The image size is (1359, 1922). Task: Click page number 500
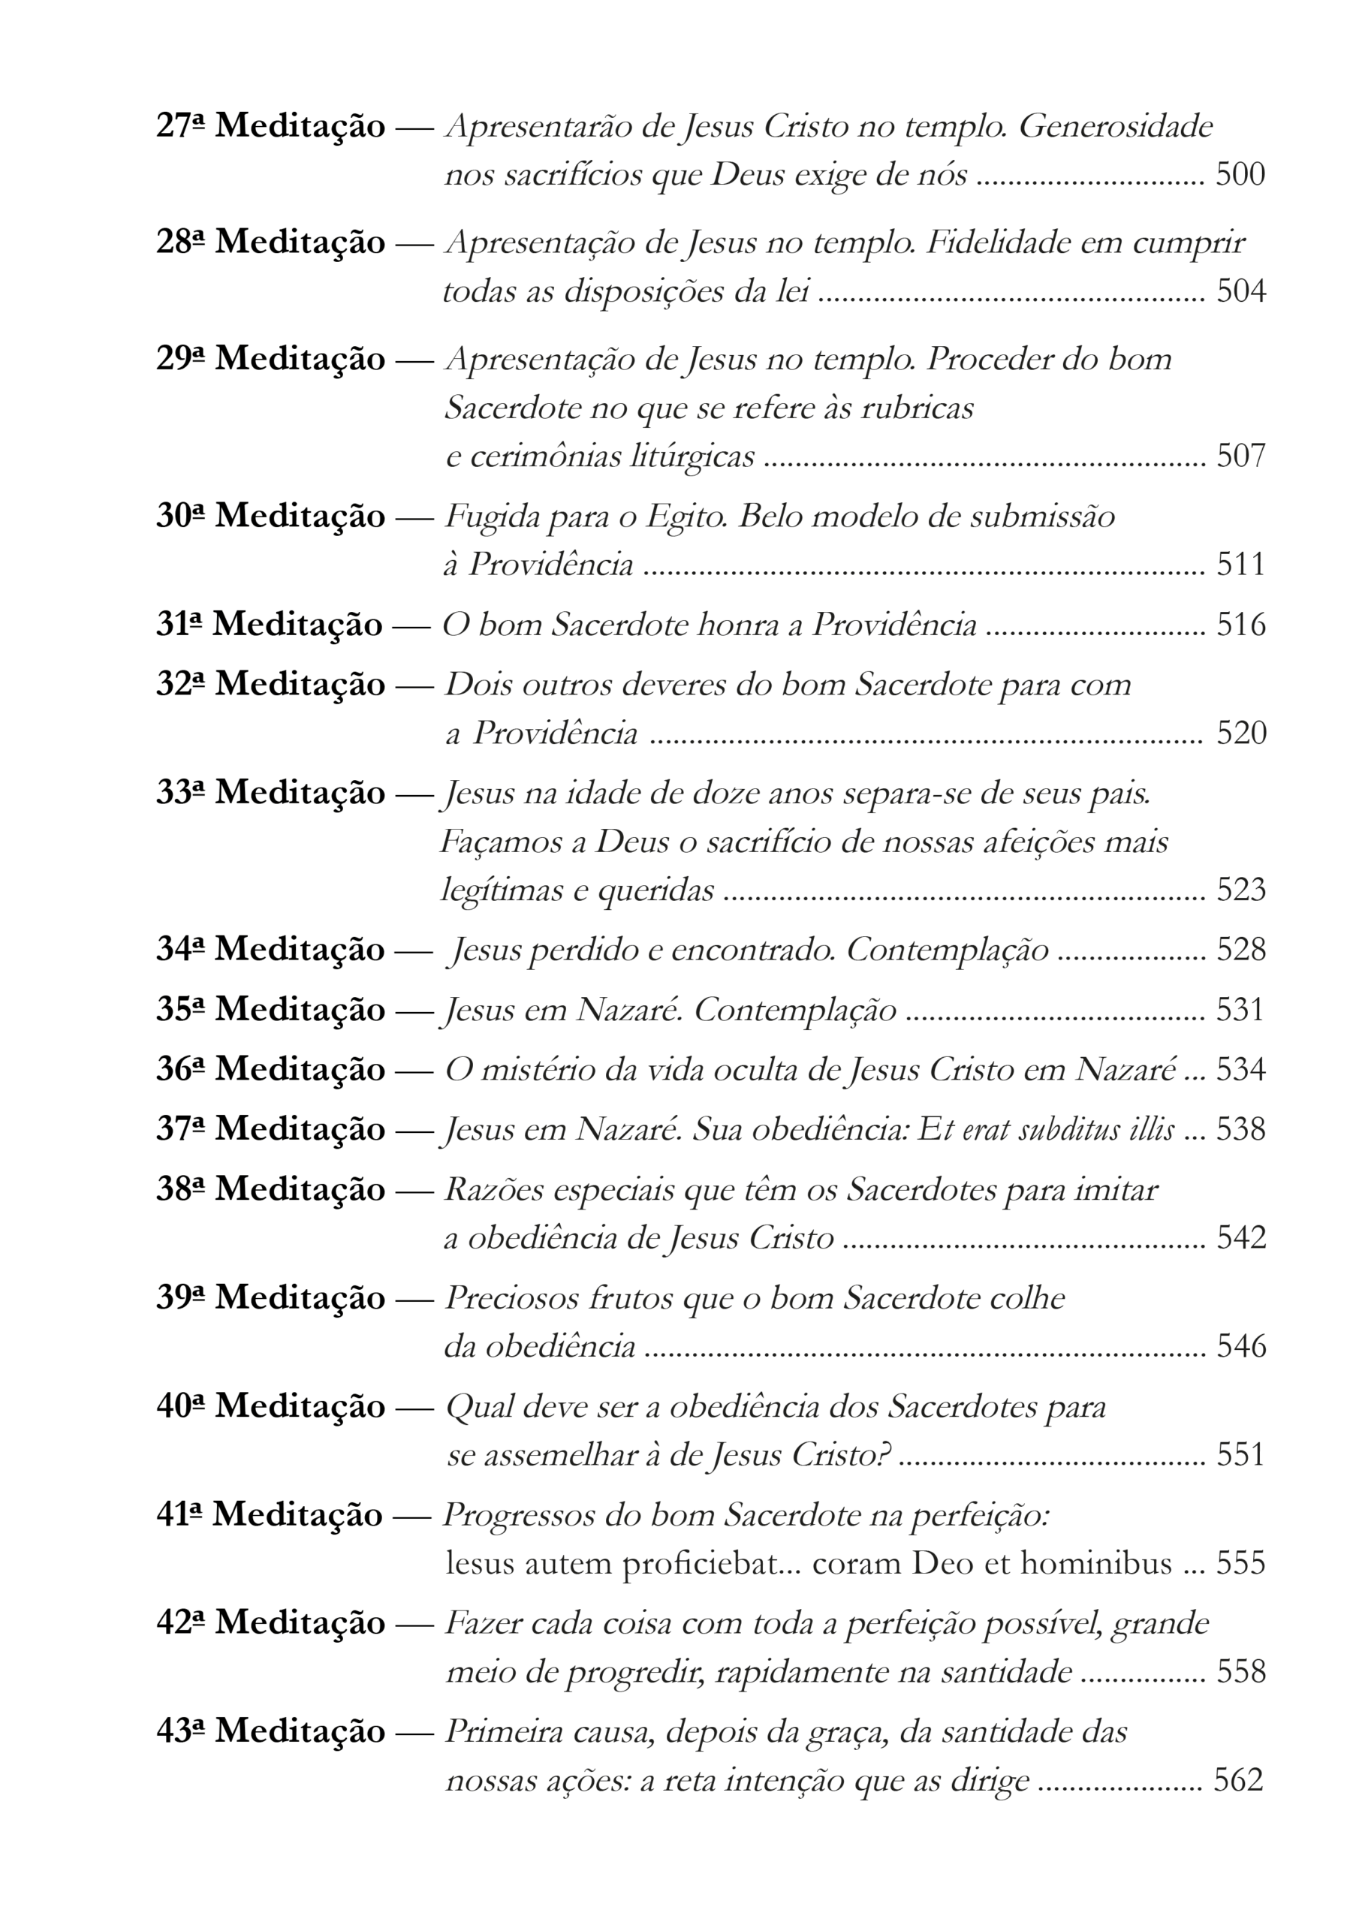[x=1240, y=175]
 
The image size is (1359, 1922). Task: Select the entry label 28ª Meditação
[x=270, y=243]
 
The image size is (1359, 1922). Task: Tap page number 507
[x=1240, y=456]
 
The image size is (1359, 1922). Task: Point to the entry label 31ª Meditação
[x=269, y=625]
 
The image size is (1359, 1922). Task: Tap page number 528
[x=1240, y=949]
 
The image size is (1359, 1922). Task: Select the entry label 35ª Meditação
[x=270, y=1010]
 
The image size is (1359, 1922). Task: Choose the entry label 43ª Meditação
[x=270, y=1732]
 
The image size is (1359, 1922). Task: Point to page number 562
[x=1238, y=1781]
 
